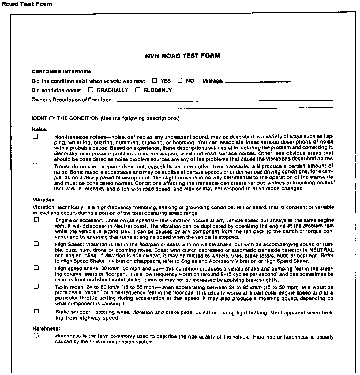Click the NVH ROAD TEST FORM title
(182, 56)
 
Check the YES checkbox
(155, 80)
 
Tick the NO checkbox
(180, 80)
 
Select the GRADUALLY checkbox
(91, 90)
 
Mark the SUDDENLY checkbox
(138, 90)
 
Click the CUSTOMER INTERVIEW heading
(61, 72)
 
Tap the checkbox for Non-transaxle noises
(35, 137)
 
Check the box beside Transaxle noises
(35, 166)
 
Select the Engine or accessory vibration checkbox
(36, 220)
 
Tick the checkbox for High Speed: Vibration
(36, 244)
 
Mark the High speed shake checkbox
(36, 268)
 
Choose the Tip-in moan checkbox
(36, 286)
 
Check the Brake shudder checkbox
(36, 312)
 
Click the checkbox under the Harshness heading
(36, 335)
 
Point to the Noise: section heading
(39, 130)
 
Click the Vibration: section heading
(44, 200)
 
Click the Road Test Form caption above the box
(27, 4)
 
